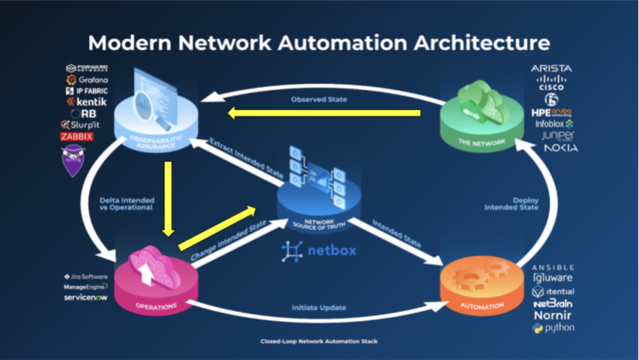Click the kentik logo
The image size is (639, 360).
[86, 101]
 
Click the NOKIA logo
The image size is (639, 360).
[561, 148]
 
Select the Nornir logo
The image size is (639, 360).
[553, 316]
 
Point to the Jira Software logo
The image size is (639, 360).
[86, 276]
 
